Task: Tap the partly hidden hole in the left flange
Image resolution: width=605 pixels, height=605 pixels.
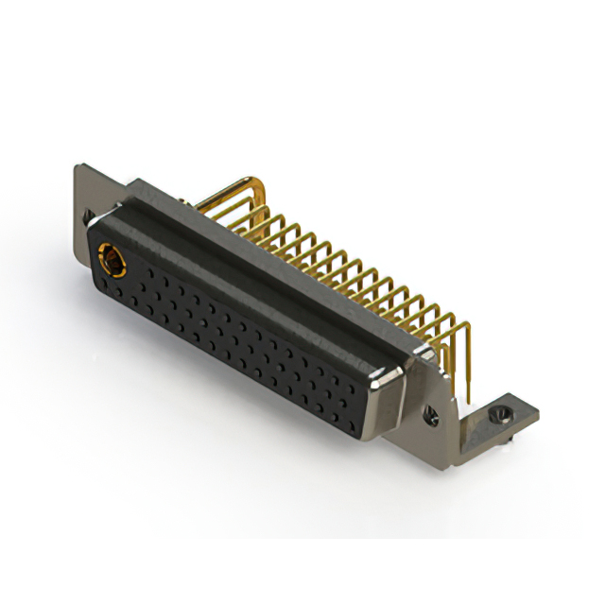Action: click(90, 218)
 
